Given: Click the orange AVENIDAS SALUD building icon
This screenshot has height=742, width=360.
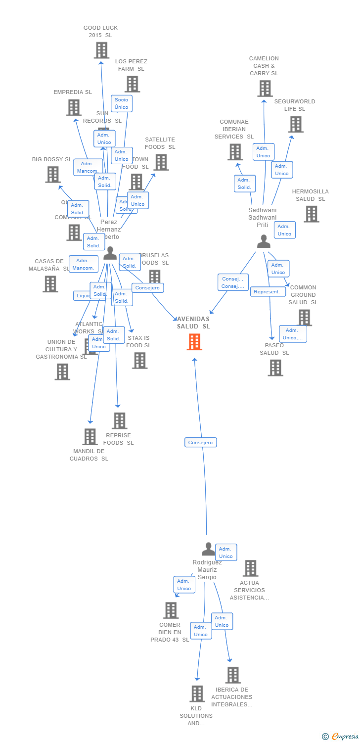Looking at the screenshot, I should click(194, 342).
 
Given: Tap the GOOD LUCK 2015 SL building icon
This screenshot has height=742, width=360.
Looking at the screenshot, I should click(101, 50).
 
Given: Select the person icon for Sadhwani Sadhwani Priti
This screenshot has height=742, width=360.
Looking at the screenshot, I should click(264, 241).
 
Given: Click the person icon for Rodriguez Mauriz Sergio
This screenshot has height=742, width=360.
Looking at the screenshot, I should click(209, 549).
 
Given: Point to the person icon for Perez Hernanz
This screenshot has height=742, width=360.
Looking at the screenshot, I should click(110, 253).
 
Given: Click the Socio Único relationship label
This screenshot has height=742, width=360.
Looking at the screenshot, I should click(121, 103).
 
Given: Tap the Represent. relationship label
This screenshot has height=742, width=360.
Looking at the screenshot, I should click(268, 292).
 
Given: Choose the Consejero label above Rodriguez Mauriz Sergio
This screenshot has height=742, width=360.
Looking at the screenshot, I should click(201, 442).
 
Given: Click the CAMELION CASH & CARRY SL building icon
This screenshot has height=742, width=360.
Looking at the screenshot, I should click(265, 89).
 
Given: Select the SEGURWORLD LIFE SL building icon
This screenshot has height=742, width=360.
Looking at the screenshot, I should click(295, 124).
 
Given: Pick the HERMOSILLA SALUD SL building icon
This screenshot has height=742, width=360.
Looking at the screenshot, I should click(311, 214).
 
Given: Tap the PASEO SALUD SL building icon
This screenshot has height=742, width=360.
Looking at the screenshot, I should click(275, 368).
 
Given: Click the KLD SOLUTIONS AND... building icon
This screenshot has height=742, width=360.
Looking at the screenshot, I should click(197, 694).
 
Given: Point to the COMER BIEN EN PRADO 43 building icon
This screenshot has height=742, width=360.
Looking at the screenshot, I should click(171, 610).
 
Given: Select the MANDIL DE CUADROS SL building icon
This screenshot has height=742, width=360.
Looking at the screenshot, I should click(90, 437).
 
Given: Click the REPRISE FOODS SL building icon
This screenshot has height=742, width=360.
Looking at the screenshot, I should click(119, 421).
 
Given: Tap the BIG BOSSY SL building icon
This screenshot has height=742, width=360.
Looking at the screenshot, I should click(53, 174).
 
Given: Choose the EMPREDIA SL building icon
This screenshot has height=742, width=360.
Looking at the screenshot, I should click(73, 107).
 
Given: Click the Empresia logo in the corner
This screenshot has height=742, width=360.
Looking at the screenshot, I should click(340, 737).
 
